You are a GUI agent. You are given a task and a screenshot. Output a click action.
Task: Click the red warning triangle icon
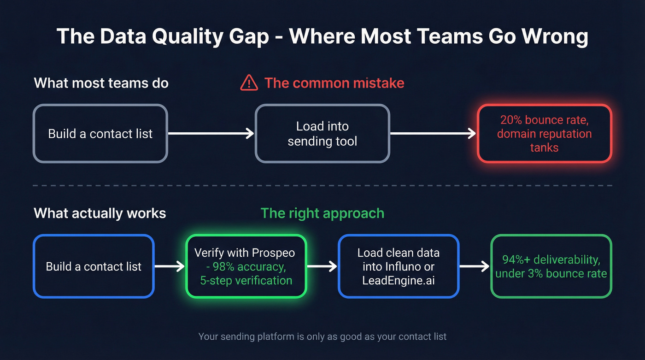point(249,83)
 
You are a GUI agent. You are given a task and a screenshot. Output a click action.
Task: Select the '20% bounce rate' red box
point(544,134)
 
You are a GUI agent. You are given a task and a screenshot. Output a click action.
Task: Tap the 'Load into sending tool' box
point(322,134)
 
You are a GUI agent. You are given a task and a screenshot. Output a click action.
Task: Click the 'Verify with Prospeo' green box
point(246,266)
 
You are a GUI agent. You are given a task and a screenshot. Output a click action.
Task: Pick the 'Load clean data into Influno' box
point(398,266)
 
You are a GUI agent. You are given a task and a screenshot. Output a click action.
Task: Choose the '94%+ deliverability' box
point(551,266)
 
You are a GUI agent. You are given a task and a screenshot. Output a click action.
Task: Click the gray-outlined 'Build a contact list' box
point(100,134)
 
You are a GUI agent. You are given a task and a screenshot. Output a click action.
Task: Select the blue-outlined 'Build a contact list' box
point(93,266)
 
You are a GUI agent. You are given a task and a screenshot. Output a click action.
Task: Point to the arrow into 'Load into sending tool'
point(211,134)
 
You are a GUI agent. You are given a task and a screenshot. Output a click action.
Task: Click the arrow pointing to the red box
point(433,134)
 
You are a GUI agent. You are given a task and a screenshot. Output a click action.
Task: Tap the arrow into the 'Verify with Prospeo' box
point(170,266)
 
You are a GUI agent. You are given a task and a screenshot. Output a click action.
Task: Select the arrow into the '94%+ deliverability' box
point(475,266)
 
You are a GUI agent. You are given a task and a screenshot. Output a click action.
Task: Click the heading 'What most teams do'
point(101,83)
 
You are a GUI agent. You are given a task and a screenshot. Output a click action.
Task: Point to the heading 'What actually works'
point(100,213)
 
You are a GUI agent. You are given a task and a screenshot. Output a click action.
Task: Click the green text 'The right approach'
point(322,213)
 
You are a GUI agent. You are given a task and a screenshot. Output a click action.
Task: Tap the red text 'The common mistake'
point(334,83)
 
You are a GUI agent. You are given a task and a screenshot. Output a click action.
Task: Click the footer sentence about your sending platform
point(322,336)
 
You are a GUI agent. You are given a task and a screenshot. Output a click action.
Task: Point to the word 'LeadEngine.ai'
point(398,280)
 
